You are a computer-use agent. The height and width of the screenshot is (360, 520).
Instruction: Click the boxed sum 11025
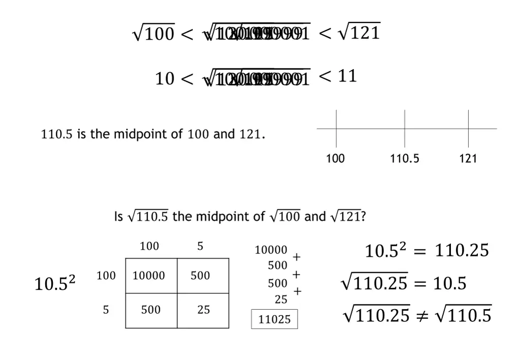[274, 319]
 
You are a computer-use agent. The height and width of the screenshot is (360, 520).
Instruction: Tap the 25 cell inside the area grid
[204, 310]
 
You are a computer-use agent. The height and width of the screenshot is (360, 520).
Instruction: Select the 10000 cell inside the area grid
[149, 276]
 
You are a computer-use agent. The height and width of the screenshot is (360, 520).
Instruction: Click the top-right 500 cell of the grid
[200, 276]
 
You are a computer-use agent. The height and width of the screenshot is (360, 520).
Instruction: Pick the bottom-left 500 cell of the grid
[151, 310]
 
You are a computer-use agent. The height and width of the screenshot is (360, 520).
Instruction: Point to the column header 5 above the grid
[200, 246]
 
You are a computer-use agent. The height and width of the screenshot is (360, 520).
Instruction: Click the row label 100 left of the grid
[106, 276]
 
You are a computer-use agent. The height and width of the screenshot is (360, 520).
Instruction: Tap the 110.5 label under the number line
[405, 158]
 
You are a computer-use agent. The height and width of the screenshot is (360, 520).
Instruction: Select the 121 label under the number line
[468, 158]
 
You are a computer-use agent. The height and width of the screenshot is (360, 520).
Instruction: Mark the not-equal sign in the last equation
[422, 316]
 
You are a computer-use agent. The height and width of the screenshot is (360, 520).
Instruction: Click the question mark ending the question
[364, 217]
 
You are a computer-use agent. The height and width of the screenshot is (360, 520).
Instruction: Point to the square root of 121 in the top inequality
[359, 33]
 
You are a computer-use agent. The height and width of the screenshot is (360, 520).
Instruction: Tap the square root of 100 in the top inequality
[153, 34]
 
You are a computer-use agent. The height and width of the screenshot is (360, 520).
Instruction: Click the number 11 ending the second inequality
[347, 76]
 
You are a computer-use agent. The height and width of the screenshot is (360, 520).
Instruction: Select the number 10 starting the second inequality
[165, 79]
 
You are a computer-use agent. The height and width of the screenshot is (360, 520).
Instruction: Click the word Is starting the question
[118, 217]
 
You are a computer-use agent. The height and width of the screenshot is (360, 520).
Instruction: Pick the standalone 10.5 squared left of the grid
[54, 283]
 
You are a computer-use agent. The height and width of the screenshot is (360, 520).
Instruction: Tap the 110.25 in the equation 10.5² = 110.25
[462, 250]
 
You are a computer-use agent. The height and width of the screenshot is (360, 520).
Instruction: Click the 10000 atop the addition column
[271, 250]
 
